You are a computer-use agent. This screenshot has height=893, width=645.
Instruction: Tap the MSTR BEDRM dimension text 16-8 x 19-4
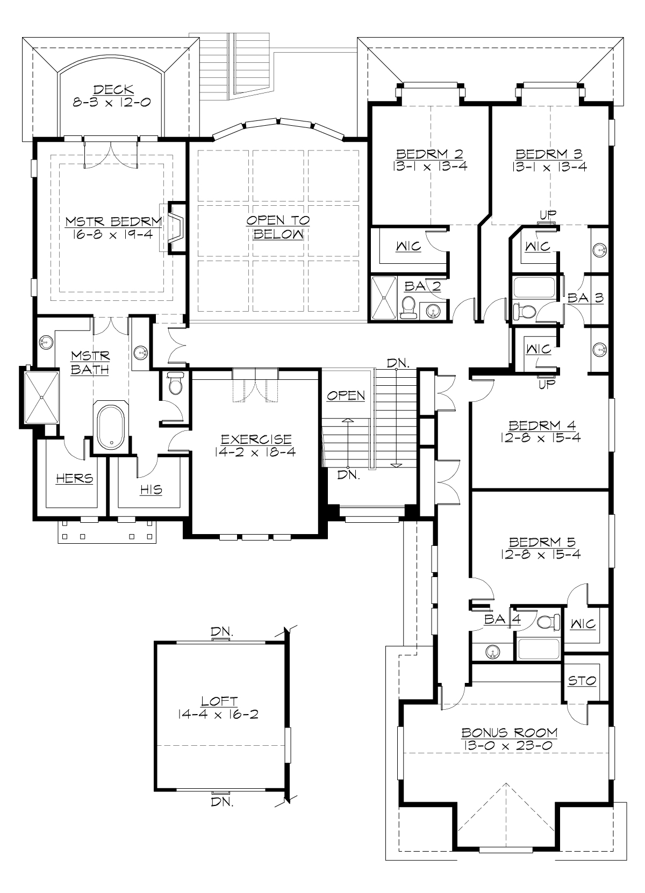tap(113, 233)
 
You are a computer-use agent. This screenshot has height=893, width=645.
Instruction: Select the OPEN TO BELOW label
tap(278, 220)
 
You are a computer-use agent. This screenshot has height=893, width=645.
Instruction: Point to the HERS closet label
tap(75, 478)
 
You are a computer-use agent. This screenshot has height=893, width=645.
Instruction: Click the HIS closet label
tap(150, 489)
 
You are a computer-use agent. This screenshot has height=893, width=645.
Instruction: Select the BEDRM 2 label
tap(429, 154)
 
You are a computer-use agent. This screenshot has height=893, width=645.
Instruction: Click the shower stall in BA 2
tap(384, 298)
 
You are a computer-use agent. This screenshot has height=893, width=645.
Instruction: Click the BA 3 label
tap(585, 298)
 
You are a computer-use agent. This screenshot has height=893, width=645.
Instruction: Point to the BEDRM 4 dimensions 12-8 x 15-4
tap(539, 437)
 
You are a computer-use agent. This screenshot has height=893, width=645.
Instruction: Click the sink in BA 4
tap(492, 652)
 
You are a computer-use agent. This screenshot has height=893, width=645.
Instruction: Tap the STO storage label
tap(582, 681)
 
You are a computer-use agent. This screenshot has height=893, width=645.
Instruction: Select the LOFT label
tap(219, 701)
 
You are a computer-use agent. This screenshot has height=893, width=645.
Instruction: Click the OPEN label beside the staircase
tap(346, 396)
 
